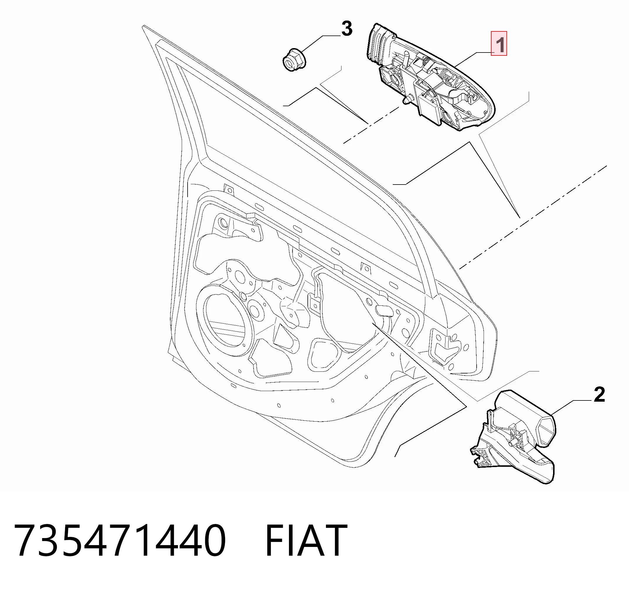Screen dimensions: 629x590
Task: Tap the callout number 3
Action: pos(347,29)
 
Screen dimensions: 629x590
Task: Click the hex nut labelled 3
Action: pos(294,60)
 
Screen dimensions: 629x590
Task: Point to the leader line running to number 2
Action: pos(572,408)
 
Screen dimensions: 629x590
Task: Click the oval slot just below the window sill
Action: pos(259,207)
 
